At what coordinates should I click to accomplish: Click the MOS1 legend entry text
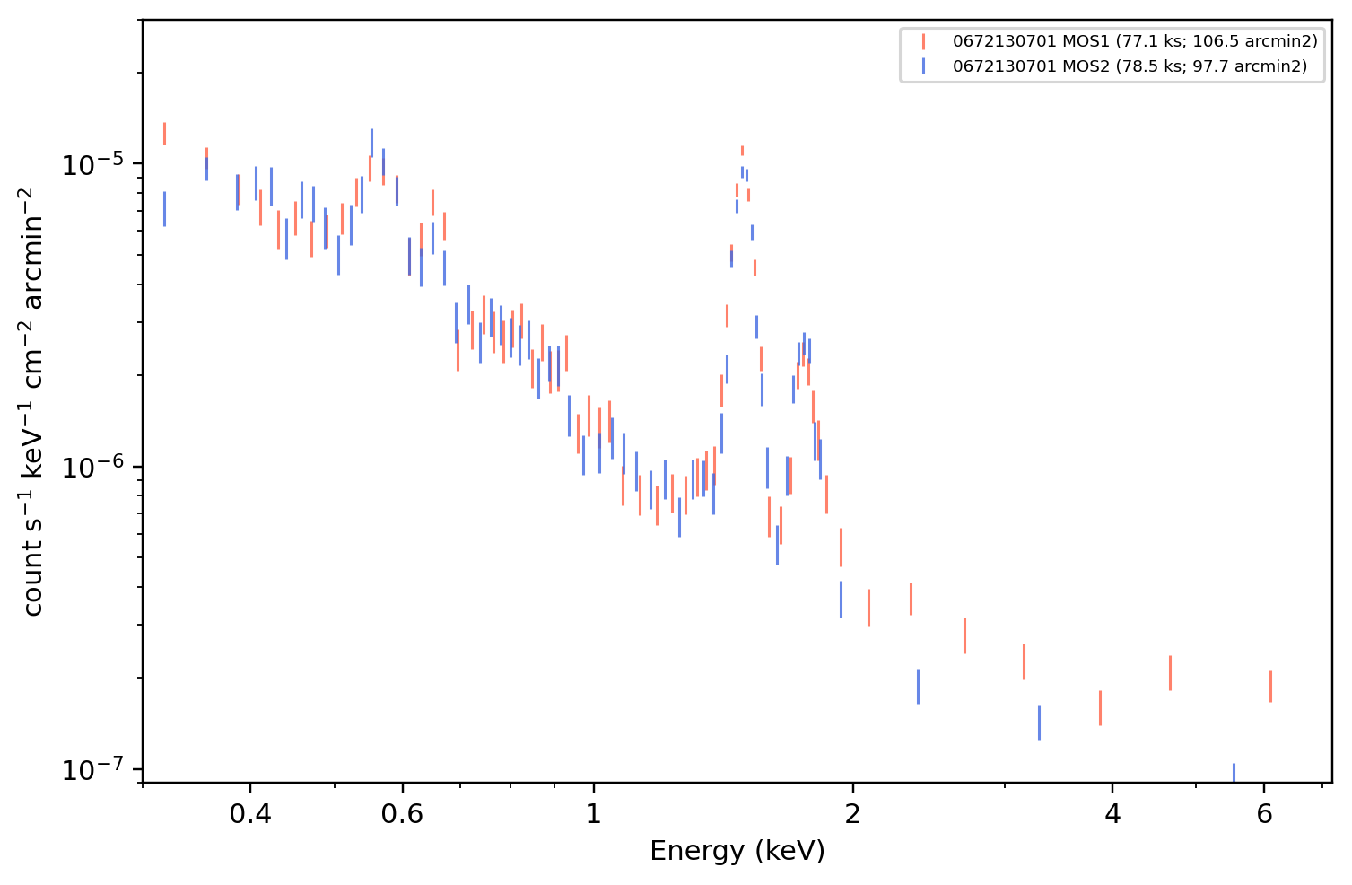point(1135,41)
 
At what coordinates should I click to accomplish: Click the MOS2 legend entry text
point(1130,66)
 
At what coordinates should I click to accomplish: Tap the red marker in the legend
point(923,41)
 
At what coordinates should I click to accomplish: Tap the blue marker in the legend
point(923,66)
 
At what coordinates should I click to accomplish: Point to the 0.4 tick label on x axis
point(250,814)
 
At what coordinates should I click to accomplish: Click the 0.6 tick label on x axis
point(402,814)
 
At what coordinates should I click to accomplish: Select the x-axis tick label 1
point(594,814)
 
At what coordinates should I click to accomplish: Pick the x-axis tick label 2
point(852,814)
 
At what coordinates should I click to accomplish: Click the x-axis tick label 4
point(1112,814)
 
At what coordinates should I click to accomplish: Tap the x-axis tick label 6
point(1264,814)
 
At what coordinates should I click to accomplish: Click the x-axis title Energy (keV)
point(737,852)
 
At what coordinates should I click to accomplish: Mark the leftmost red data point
point(165,134)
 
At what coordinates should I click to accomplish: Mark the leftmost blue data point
point(165,209)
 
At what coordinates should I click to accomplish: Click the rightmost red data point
point(1270,687)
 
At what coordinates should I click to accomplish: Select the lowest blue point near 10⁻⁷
point(1234,774)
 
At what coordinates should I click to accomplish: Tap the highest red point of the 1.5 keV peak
point(743,151)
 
